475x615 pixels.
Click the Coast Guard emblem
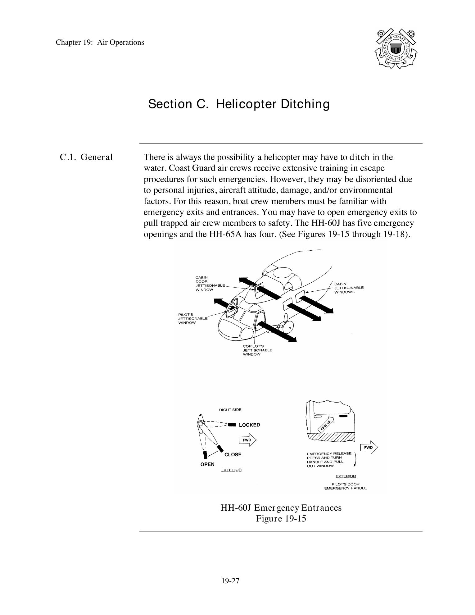[x=395, y=49]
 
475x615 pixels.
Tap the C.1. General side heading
[x=86, y=157]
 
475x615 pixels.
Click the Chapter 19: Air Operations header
[x=100, y=42]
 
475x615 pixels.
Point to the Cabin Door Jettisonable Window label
[x=210, y=284]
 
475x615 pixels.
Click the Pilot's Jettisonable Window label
[x=192, y=318]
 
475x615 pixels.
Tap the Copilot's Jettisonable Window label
[x=257, y=350]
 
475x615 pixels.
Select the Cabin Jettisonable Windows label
[x=349, y=288]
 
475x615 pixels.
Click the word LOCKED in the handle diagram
[x=249, y=425]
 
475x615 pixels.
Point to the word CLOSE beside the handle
[x=233, y=454]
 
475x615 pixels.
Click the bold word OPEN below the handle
[x=207, y=464]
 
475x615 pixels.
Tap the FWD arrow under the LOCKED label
[x=247, y=440]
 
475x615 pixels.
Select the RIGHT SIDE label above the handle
[x=230, y=410]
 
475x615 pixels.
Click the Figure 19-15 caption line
[x=281, y=519]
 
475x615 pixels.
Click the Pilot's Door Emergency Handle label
[x=345, y=486]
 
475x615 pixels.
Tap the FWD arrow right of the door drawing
[x=369, y=448]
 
